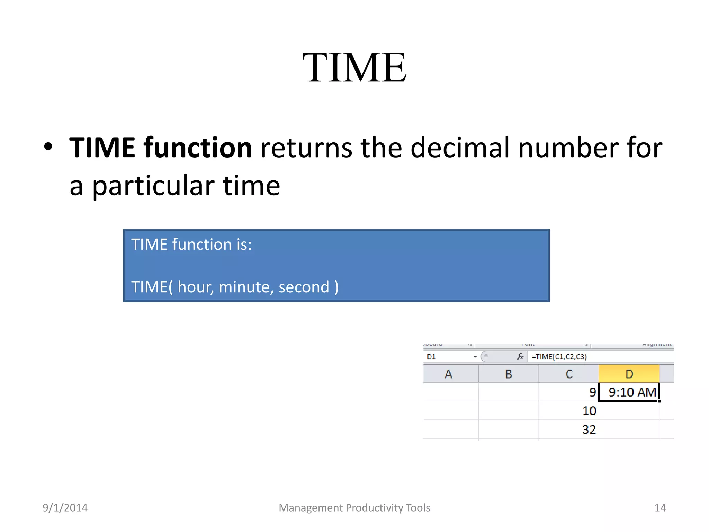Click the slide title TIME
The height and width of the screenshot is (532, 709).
[x=354, y=68]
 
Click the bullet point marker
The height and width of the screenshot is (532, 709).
[x=48, y=147]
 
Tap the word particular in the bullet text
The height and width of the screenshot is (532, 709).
[x=153, y=186]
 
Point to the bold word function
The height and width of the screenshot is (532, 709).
[x=198, y=148]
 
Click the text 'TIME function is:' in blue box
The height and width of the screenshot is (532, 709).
[x=191, y=245]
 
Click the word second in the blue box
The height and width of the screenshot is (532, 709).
[x=304, y=287]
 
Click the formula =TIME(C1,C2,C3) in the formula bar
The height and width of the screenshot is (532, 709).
[x=559, y=357]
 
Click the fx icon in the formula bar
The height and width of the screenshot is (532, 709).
[x=520, y=357]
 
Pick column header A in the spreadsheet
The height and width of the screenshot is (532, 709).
[x=449, y=374]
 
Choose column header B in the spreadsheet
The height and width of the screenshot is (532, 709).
[x=509, y=374]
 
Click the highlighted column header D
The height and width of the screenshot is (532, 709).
[x=629, y=374]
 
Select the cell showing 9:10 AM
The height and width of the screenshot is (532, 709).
[x=629, y=392]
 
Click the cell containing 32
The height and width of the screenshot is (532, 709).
[x=569, y=430]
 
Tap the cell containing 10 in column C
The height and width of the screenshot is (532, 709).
[x=569, y=411]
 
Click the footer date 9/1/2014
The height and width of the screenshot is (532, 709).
[x=65, y=508]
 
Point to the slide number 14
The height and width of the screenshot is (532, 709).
[x=660, y=508]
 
